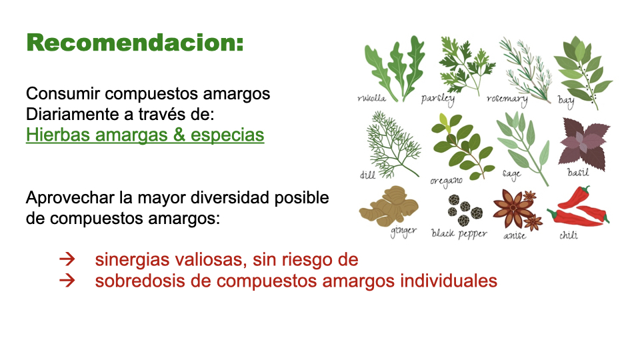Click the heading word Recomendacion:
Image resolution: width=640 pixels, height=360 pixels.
tap(135, 43)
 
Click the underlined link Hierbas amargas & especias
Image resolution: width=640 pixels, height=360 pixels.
tap(145, 135)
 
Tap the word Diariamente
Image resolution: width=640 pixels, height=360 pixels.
tap(71, 114)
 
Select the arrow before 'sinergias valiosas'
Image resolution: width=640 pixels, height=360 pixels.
tap(66, 259)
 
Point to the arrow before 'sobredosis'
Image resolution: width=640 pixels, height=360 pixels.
tap(66, 281)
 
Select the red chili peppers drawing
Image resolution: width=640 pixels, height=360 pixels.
tap(580, 207)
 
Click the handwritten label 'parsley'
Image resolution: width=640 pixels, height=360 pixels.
tap(438, 99)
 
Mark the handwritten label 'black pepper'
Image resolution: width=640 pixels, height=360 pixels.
tap(459, 233)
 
